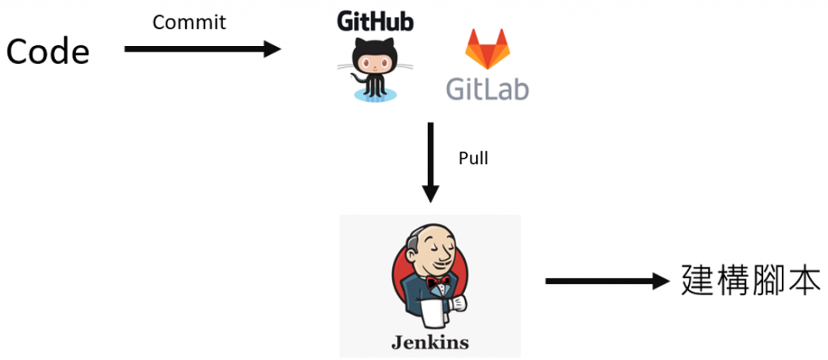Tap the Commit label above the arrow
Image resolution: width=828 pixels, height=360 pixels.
click(x=189, y=22)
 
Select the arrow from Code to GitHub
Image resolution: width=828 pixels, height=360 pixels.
click(x=202, y=49)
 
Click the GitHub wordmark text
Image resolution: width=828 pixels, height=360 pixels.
click(x=375, y=21)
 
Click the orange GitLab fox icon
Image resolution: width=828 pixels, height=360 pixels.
click(x=486, y=50)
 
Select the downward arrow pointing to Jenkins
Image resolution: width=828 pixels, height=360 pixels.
click(x=431, y=162)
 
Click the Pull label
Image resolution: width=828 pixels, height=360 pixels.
click(x=472, y=157)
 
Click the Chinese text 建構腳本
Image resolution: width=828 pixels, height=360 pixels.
click(x=750, y=282)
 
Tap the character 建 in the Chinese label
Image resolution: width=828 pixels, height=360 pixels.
click(x=696, y=282)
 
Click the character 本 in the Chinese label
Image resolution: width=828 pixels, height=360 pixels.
click(x=805, y=282)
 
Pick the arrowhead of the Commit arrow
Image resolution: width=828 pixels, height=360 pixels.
click(x=271, y=49)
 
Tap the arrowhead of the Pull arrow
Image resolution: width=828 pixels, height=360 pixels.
click(x=431, y=194)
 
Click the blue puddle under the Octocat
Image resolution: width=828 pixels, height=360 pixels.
click(x=374, y=96)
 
